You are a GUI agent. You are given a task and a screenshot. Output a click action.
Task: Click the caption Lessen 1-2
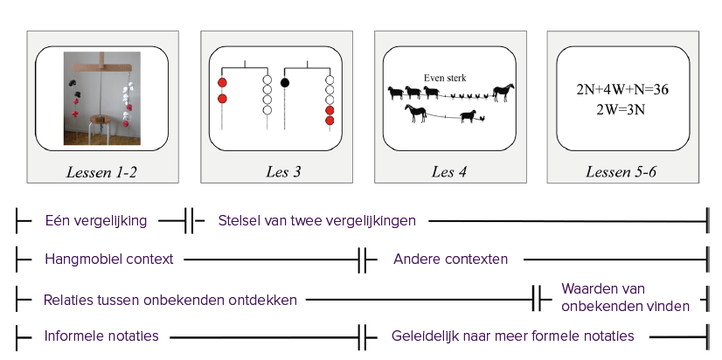pyautogui.click(x=101, y=172)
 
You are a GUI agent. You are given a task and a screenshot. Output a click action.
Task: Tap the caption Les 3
pyautogui.click(x=283, y=172)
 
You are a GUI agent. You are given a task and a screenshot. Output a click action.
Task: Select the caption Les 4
pyautogui.click(x=449, y=172)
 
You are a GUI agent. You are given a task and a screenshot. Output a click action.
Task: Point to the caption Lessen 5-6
pyautogui.click(x=621, y=172)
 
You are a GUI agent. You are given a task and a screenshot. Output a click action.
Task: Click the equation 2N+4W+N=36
pyautogui.click(x=622, y=90)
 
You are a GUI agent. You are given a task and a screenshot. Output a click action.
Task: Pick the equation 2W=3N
pyautogui.click(x=621, y=110)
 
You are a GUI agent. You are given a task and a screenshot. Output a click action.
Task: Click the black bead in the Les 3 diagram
pyautogui.click(x=285, y=83)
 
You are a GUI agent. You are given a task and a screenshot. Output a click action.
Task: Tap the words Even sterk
pyautogui.click(x=445, y=78)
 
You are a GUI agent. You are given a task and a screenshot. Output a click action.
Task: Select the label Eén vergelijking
pyautogui.click(x=96, y=221)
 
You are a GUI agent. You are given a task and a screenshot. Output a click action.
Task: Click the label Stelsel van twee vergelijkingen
pyautogui.click(x=316, y=221)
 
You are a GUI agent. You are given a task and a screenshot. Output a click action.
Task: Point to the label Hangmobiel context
pyautogui.click(x=109, y=260)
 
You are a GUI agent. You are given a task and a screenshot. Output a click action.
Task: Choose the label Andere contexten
pyautogui.click(x=450, y=260)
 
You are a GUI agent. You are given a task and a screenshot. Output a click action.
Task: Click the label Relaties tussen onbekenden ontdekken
pyautogui.click(x=170, y=301)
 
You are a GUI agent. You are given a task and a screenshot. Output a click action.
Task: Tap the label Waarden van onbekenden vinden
pyautogui.click(x=626, y=297)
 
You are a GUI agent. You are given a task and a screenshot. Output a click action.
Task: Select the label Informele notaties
pyautogui.click(x=101, y=336)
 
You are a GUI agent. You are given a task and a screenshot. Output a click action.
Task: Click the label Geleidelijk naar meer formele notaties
pyautogui.click(x=512, y=336)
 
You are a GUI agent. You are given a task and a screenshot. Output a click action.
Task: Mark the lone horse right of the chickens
pyautogui.click(x=503, y=93)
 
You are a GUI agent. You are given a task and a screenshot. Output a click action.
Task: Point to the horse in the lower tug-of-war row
pyautogui.click(x=416, y=114)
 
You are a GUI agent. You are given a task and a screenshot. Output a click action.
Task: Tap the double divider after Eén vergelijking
pyautogui.click(x=189, y=221)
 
